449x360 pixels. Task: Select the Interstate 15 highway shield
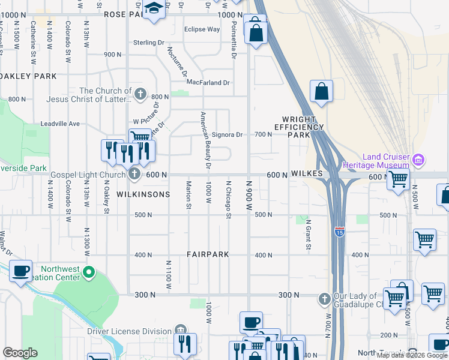point(340,232)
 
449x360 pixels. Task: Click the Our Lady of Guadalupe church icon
point(324,298)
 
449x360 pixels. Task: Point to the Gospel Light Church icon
point(134,175)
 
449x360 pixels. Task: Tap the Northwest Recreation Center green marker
point(89,273)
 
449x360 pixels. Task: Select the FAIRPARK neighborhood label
point(208,254)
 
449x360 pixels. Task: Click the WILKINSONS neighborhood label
point(143,194)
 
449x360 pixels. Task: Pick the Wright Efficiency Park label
point(298,127)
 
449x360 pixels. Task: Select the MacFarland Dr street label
point(208,83)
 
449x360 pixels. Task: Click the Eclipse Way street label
point(202,29)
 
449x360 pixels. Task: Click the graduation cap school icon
point(154,10)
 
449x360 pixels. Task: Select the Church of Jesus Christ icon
point(140,94)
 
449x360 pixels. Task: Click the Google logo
point(20,353)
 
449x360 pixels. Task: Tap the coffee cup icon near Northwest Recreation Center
point(21,272)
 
